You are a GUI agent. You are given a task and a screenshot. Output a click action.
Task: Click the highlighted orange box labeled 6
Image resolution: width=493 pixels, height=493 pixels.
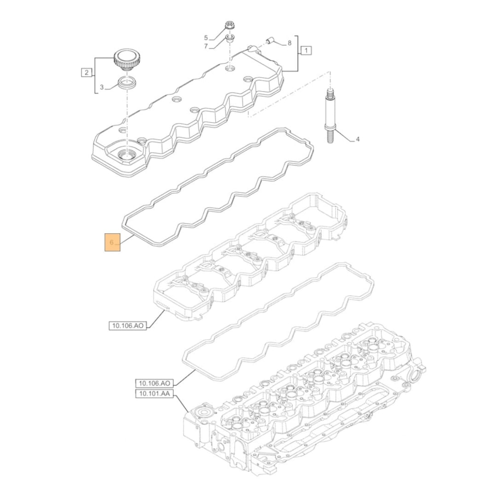coord(111,242)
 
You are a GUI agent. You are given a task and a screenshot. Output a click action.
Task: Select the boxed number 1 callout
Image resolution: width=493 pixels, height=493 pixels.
coord(306,50)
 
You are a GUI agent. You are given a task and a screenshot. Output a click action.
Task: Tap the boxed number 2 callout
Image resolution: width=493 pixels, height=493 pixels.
coord(86,73)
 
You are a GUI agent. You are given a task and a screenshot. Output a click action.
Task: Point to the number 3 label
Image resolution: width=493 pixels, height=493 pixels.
coord(102,87)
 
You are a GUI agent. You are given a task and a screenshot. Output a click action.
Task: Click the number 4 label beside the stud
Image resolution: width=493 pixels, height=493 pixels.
coord(358,140)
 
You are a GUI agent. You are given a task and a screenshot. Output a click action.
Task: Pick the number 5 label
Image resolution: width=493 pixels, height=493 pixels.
coord(207,37)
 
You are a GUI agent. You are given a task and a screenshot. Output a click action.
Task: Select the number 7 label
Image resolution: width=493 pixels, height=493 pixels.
coord(207,46)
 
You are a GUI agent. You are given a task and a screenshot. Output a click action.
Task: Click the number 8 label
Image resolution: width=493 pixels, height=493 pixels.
coord(289,43)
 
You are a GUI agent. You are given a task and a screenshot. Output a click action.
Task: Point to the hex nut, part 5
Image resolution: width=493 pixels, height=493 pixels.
coord(229,25)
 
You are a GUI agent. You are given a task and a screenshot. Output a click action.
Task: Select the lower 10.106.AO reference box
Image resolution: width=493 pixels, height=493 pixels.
coord(154,383)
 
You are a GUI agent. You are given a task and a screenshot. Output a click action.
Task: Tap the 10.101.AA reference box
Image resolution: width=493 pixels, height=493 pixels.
coord(154,393)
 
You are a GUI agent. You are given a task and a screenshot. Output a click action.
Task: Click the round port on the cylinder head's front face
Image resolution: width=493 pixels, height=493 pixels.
coord(203,413)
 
